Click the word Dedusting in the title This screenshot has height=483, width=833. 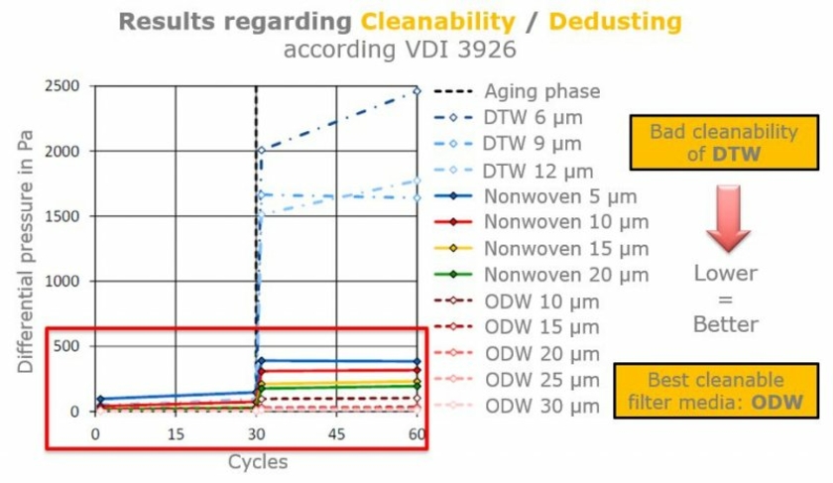click(x=615, y=21)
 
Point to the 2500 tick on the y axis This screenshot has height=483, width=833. click(x=64, y=86)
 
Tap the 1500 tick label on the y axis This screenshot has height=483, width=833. click(x=64, y=216)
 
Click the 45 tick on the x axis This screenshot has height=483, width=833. click(x=337, y=434)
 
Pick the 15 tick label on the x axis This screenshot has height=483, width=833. click(x=176, y=434)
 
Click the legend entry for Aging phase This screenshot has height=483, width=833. click(x=541, y=91)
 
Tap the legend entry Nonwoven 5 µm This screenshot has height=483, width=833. click(x=560, y=196)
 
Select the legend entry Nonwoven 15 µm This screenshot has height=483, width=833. click(x=565, y=248)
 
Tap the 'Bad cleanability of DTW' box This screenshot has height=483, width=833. click(x=724, y=144)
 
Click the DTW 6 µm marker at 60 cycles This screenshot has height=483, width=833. click(x=417, y=90)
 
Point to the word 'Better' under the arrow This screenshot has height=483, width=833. click(x=726, y=324)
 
